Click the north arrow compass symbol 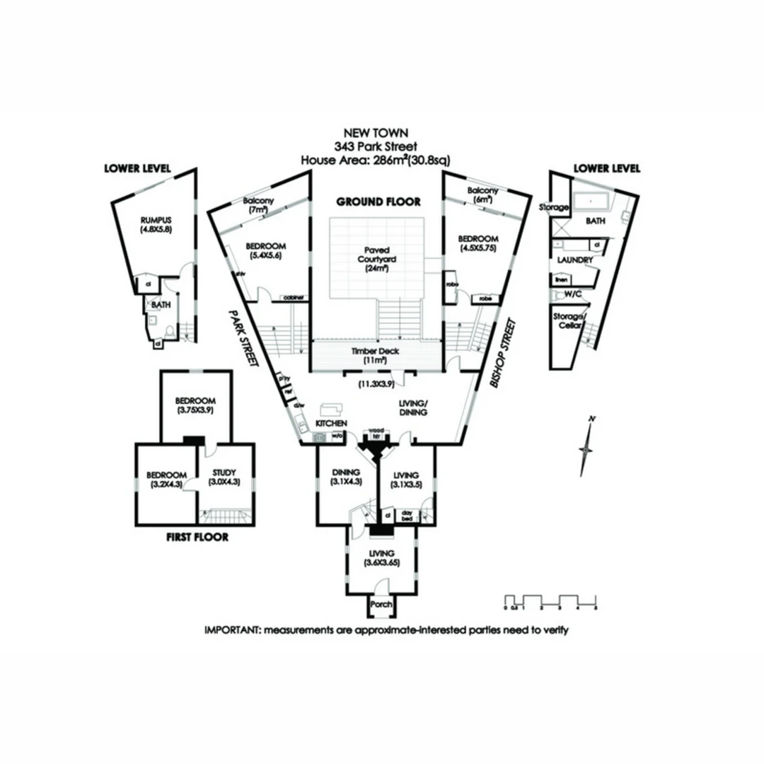[x=586, y=448]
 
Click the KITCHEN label [x=330, y=422]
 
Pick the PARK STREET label [x=243, y=337]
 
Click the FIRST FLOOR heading [x=197, y=537]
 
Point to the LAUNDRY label [x=575, y=260]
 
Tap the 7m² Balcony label [x=257, y=205]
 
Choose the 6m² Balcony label [x=483, y=195]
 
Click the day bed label [x=406, y=515]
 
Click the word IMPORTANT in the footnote [x=231, y=630]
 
